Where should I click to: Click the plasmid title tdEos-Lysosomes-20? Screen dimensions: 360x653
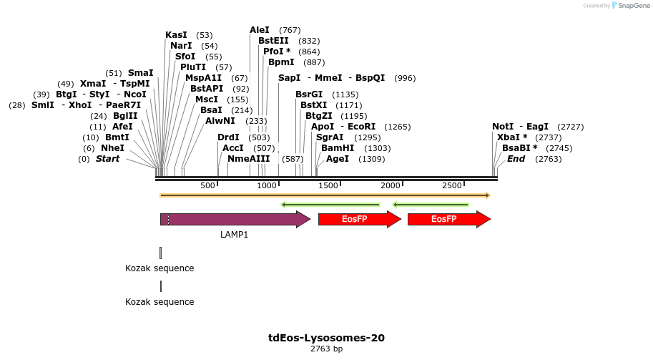pos(326,338)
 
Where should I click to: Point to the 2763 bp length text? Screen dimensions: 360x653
pos(326,349)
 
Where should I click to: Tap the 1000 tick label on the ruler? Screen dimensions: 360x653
pos(267,185)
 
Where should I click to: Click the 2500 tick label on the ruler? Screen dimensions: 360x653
pos(452,185)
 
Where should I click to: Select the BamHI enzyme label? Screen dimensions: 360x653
pos(338,147)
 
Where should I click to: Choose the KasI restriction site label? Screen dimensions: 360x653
pos(176,34)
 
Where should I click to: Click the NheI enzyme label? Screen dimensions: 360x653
pos(112,147)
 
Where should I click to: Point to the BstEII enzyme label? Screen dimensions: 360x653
pos(273,41)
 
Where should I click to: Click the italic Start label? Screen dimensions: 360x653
pos(107,158)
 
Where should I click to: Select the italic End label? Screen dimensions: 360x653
pos(516,158)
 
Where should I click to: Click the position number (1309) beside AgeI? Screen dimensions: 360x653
pos(372,159)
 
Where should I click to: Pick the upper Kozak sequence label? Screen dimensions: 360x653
pos(159,268)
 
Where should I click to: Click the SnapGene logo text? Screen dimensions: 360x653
pos(632,6)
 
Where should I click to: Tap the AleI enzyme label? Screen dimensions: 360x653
pos(260,30)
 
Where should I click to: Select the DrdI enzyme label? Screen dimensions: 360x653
pos(228,137)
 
